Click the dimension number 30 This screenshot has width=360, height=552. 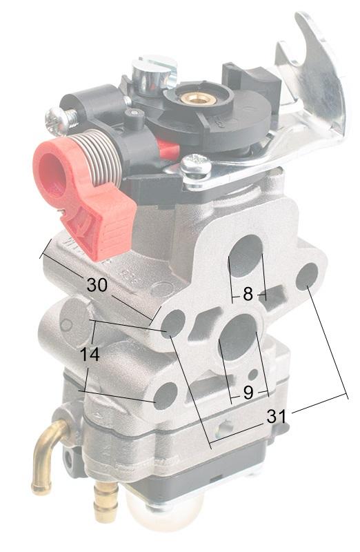[97, 284]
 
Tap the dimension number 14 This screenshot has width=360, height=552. [90, 354]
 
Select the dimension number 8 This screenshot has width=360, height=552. [248, 294]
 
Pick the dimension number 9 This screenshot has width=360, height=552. [248, 393]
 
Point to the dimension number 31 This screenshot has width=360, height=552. [277, 417]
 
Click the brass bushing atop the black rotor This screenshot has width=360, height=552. [192, 97]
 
